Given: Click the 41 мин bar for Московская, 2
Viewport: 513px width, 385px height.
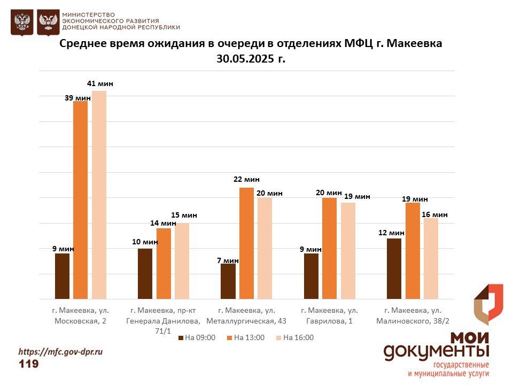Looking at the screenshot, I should [99, 195].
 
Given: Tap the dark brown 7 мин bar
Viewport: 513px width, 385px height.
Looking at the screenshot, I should [228, 281].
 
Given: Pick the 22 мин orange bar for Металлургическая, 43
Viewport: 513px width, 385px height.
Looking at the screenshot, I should [246, 243].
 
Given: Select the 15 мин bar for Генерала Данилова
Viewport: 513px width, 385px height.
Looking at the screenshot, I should [182, 261].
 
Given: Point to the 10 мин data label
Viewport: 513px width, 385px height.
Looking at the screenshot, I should [145, 242].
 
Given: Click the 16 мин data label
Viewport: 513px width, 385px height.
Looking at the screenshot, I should [434, 214].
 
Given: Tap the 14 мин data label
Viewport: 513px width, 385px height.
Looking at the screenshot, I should [163, 223].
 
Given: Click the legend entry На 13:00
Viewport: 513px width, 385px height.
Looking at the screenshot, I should [245, 337].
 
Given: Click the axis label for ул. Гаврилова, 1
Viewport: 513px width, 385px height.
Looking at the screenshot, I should [329, 315].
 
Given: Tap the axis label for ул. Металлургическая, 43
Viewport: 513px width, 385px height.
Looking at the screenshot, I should [247, 315].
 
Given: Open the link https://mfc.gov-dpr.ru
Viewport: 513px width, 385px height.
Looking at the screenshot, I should [60, 352].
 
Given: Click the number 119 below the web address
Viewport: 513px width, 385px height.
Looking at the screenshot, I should [29, 364].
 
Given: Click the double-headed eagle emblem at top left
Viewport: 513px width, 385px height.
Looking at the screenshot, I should [22, 22].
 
